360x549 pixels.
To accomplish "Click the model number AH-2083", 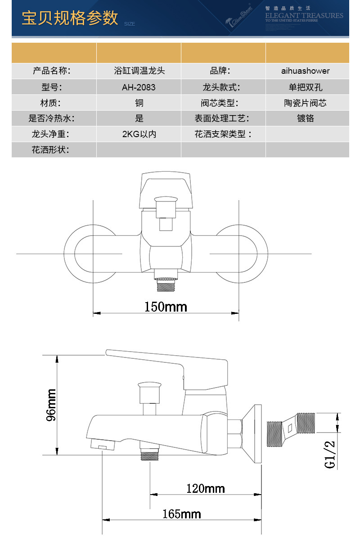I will pos(139,87).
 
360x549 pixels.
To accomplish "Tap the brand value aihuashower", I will pos(305,71).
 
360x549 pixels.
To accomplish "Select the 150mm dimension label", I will pos(165,307).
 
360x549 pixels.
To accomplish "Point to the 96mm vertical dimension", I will pos(51,405).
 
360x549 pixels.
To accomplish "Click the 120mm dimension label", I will pos(205,488).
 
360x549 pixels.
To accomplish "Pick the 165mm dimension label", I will pos(182,514).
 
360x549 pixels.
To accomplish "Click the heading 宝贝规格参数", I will pos(70,18).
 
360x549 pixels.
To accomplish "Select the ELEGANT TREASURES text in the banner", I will pos(304,15).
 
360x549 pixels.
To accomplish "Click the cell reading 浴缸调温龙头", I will pos(139,71).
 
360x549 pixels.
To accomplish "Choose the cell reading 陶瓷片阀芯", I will pos(305,103).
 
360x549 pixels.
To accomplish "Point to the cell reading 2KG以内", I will pos(139,134).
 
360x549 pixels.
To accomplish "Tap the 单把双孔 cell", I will pos(305,87).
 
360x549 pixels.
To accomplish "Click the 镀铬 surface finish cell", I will pos(305,118).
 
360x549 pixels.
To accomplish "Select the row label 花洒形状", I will pos(50,150).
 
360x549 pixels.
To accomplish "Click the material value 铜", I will pos(139,103).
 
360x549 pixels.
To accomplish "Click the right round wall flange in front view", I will pos(237,254).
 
